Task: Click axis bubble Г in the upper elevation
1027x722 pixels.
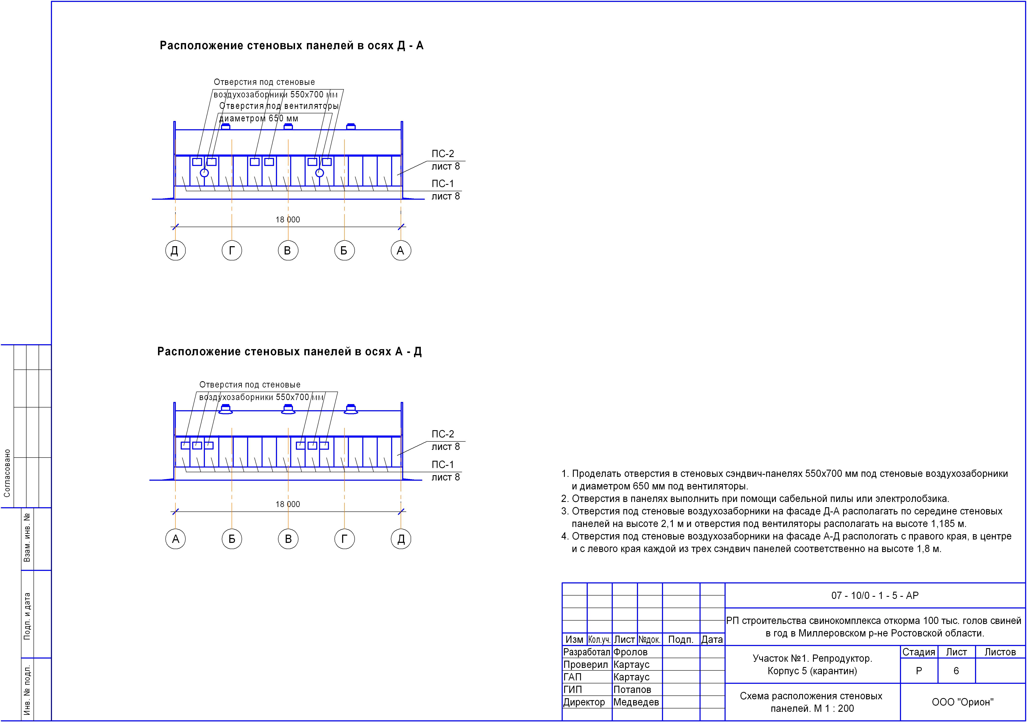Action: [x=232, y=251]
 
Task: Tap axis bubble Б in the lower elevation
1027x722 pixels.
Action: [x=232, y=539]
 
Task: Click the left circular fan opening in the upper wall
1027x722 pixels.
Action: [x=204, y=173]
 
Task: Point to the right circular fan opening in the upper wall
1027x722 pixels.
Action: [x=319, y=173]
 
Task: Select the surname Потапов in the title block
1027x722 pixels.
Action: [x=632, y=690]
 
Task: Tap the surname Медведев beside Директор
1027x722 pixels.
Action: [x=636, y=702]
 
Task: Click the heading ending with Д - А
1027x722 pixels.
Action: [x=291, y=46]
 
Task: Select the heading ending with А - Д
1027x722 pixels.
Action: [x=289, y=352]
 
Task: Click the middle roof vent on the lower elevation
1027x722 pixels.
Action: [x=288, y=409]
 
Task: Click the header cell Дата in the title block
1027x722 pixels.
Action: [x=712, y=640]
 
